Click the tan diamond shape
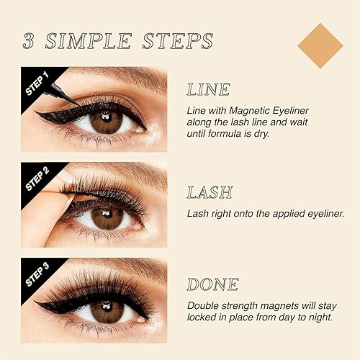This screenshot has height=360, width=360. pos(320,45)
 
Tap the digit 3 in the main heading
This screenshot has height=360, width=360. pos(30,40)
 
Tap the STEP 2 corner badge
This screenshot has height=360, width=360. pos(34,177)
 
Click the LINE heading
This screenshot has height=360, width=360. pos(208,90)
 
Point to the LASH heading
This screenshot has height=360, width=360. pos(210,192)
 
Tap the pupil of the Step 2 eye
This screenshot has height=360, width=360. pos(107,216)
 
